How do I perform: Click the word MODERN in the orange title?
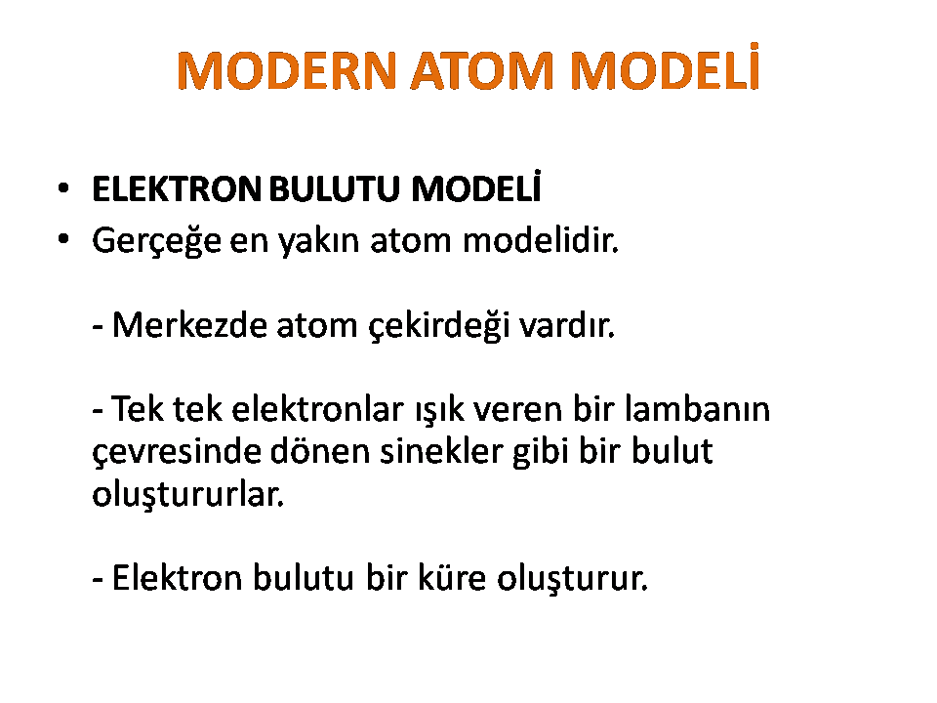coord(287,70)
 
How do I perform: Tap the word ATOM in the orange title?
coord(482,70)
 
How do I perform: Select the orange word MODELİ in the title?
coord(665,66)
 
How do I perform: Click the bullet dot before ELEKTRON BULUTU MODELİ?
coord(63,188)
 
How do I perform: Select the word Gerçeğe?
coord(156,241)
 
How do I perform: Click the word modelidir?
coord(541,240)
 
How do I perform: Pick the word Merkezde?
coord(189,325)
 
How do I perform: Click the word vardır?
coord(567,325)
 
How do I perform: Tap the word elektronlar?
coord(318,409)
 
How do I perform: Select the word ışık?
coord(440,411)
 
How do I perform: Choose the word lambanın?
coord(697,409)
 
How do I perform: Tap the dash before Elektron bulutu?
coord(98,580)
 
